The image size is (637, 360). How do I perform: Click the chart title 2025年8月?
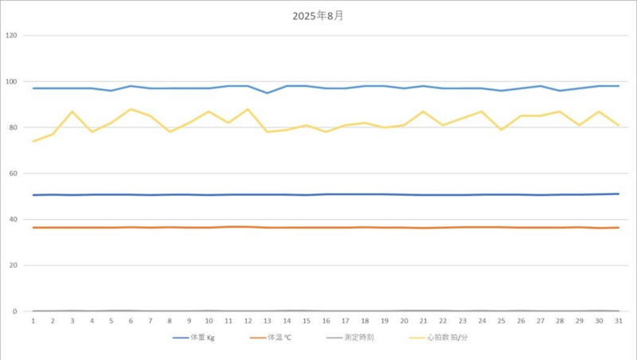coord(318,15)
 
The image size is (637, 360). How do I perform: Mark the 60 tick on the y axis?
coord(13,174)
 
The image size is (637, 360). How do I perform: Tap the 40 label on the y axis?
coord(13,220)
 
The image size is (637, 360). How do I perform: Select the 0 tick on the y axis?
coord(15,311)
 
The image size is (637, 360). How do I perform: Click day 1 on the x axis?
coord(33,320)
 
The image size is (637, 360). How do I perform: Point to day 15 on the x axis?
coord(307,320)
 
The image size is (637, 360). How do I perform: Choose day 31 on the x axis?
coord(618,320)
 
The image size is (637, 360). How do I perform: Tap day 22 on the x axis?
coord(443,320)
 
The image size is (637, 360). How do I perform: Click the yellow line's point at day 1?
coord(33,141)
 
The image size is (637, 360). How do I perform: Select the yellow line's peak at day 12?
coord(248,109)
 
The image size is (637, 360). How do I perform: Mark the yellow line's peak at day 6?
coord(131,109)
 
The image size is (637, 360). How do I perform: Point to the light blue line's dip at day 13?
coord(268,93)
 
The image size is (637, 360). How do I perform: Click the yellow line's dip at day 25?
coord(501,130)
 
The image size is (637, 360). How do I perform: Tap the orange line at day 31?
coord(618,228)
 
